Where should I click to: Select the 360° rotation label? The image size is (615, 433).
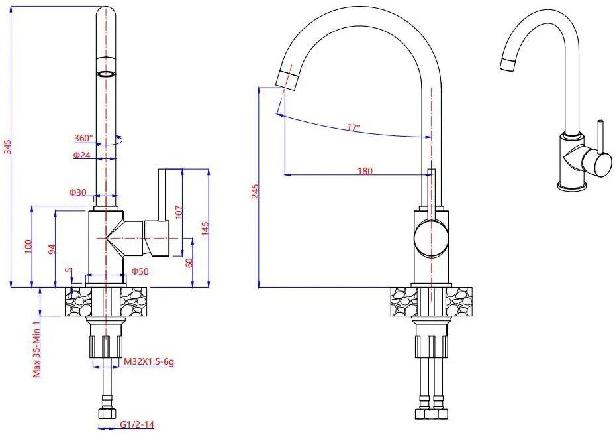click(x=84, y=138)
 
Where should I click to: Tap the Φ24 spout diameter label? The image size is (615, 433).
click(x=82, y=155)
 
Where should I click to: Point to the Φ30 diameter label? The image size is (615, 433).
click(x=78, y=192)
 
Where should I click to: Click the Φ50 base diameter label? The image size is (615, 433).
click(x=140, y=271)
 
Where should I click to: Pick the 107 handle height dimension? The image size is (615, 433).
click(x=179, y=213)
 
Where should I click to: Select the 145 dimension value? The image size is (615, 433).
click(x=205, y=229)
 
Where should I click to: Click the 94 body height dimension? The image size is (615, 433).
click(x=52, y=249)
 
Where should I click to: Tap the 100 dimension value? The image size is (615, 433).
click(x=28, y=247)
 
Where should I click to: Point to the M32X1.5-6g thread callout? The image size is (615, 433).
click(x=149, y=361)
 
